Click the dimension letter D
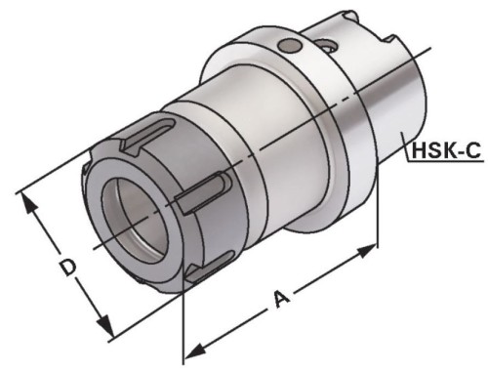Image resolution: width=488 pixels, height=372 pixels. (65, 267)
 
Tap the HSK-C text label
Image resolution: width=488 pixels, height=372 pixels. (444, 151)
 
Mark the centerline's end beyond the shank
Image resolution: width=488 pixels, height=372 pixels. (430, 47)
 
